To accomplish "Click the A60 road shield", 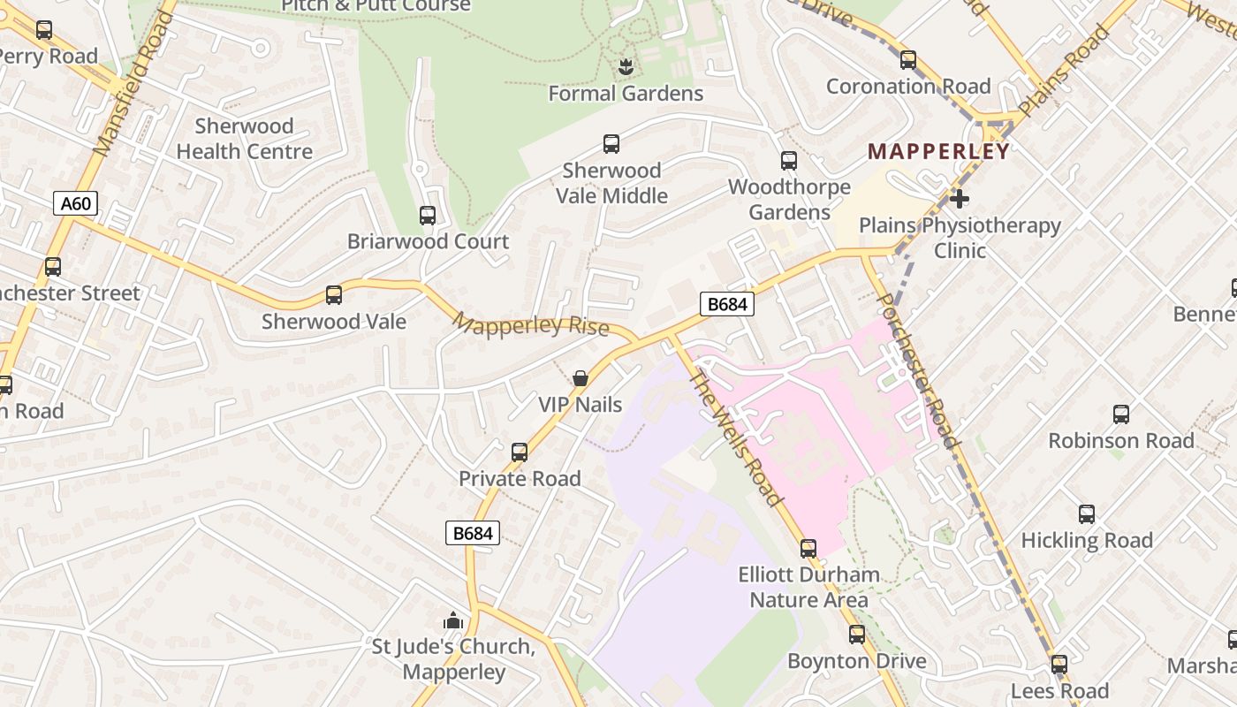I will pyautogui.click(x=75, y=204).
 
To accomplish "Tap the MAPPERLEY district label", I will pyautogui.click(x=938, y=151).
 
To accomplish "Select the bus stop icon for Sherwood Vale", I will pyautogui.click(x=334, y=295).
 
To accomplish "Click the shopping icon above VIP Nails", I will pyautogui.click(x=581, y=378).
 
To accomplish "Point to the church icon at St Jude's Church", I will pyautogui.click(x=453, y=620).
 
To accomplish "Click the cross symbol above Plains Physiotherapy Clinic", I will pyautogui.click(x=960, y=199).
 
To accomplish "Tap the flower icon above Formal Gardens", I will pyautogui.click(x=626, y=66).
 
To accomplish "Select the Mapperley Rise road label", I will pyautogui.click(x=530, y=324).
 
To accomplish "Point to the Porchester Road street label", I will pyautogui.click(x=917, y=369).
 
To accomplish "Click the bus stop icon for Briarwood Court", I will pyautogui.click(x=428, y=215).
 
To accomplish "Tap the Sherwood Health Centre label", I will pyautogui.click(x=244, y=139).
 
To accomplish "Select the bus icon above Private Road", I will pyautogui.click(x=520, y=452).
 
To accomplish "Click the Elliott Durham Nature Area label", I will pyautogui.click(x=808, y=587).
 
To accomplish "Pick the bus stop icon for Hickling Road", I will pyautogui.click(x=1087, y=514).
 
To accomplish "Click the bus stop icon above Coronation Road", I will pyautogui.click(x=908, y=60).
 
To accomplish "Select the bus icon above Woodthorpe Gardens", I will pyautogui.click(x=789, y=161).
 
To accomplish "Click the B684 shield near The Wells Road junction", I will pyautogui.click(x=727, y=304).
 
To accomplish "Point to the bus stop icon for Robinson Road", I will pyautogui.click(x=1121, y=414).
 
